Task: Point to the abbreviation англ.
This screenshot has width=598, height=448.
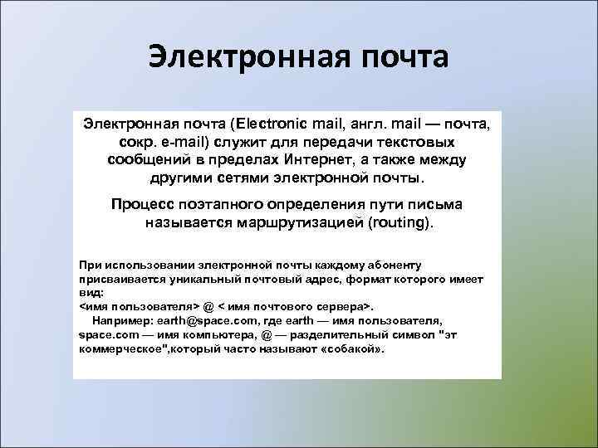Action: coord(372,124)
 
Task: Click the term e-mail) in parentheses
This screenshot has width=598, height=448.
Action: coord(188,142)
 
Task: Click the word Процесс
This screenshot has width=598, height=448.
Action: coord(143,204)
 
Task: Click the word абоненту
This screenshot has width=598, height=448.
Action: coord(391,265)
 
